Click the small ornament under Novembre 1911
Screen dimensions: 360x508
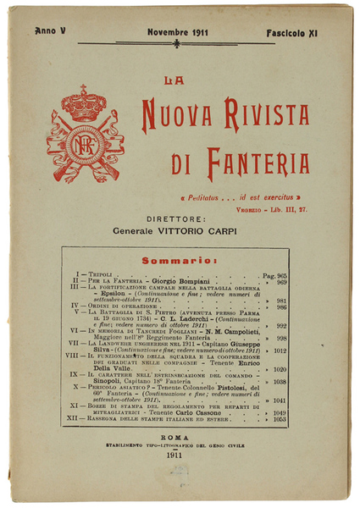click(x=176, y=43)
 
